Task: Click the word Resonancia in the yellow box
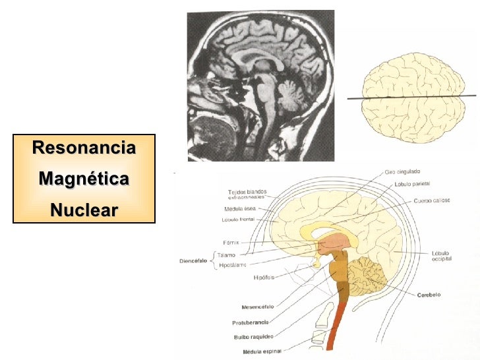click(x=84, y=148)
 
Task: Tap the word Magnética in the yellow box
click(x=84, y=179)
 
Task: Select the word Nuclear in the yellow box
click(x=84, y=210)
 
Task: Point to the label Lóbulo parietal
click(x=413, y=185)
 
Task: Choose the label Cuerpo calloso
click(x=431, y=200)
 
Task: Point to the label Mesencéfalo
click(x=258, y=307)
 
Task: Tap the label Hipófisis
click(x=264, y=277)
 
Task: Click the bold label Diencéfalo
click(x=193, y=260)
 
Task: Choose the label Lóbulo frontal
click(x=239, y=219)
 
